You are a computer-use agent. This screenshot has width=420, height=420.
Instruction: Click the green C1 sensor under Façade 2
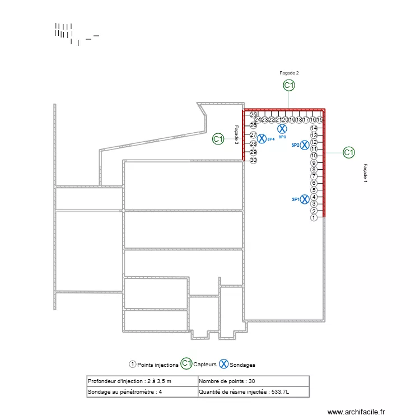click(x=288, y=86)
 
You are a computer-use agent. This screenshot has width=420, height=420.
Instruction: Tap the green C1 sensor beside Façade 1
click(x=348, y=152)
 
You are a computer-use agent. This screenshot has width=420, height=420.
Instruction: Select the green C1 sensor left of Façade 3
click(x=218, y=139)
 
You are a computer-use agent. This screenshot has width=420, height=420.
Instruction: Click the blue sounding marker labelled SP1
click(x=304, y=199)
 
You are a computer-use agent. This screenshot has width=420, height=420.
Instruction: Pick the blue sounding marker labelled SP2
click(x=304, y=145)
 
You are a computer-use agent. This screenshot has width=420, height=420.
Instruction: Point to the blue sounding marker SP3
click(x=282, y=129)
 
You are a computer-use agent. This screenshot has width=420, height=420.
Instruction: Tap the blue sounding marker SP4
click(x=262, y=138)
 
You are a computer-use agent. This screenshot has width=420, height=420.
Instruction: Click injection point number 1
click(x=314, y=218)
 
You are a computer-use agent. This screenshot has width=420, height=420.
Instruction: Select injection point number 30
click(x=253, y=160)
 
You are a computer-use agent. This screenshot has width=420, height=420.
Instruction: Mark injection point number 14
click(x=314, y=128)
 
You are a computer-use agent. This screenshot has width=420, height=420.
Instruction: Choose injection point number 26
click(x=253, y=125)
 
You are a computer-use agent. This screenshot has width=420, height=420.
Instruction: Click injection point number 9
click(x=314, y=163)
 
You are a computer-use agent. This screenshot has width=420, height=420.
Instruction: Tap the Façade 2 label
click(x=289, y=73)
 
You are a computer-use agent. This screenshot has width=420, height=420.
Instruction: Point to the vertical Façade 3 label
click(x=237, y=135)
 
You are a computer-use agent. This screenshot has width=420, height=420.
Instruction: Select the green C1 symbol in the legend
click(x=186, y=364)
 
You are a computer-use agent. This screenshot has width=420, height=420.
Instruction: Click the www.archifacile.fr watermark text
click(x=356, y=412)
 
